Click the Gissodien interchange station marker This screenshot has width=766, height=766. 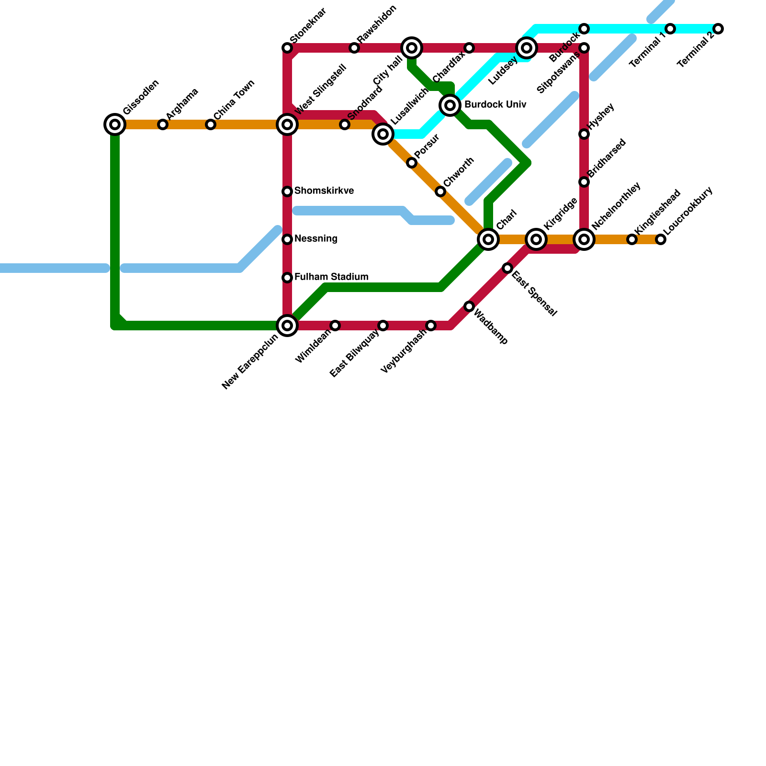point(115,124)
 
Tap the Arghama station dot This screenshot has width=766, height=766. point(163,124)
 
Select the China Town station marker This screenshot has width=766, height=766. point(211,124)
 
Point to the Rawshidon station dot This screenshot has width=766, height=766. point(354,48)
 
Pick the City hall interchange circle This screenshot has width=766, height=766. point(412,48)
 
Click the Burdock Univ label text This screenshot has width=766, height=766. point(495,105)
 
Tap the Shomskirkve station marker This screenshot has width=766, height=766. point(287,191)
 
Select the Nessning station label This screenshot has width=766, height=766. point(316,239)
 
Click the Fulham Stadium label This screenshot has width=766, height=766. point(331,277)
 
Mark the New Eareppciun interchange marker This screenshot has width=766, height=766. point(287,326)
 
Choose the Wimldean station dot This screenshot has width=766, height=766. point(335,326)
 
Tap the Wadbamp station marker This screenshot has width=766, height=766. point(469,306)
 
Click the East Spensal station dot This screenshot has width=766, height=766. point(507,268)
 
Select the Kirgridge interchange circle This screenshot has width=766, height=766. point(537,239)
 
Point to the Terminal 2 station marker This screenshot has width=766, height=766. point(718,29)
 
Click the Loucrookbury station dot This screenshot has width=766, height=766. point(661,239)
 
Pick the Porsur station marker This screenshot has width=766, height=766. point(412,163)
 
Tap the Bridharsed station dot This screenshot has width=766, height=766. point(584,182)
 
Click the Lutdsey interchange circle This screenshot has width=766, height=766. point(527,48)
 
